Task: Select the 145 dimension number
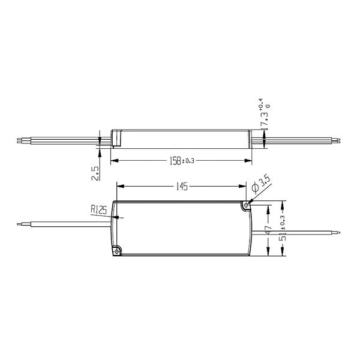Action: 181,187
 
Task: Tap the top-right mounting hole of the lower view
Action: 245,205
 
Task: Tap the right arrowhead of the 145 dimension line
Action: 246,187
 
